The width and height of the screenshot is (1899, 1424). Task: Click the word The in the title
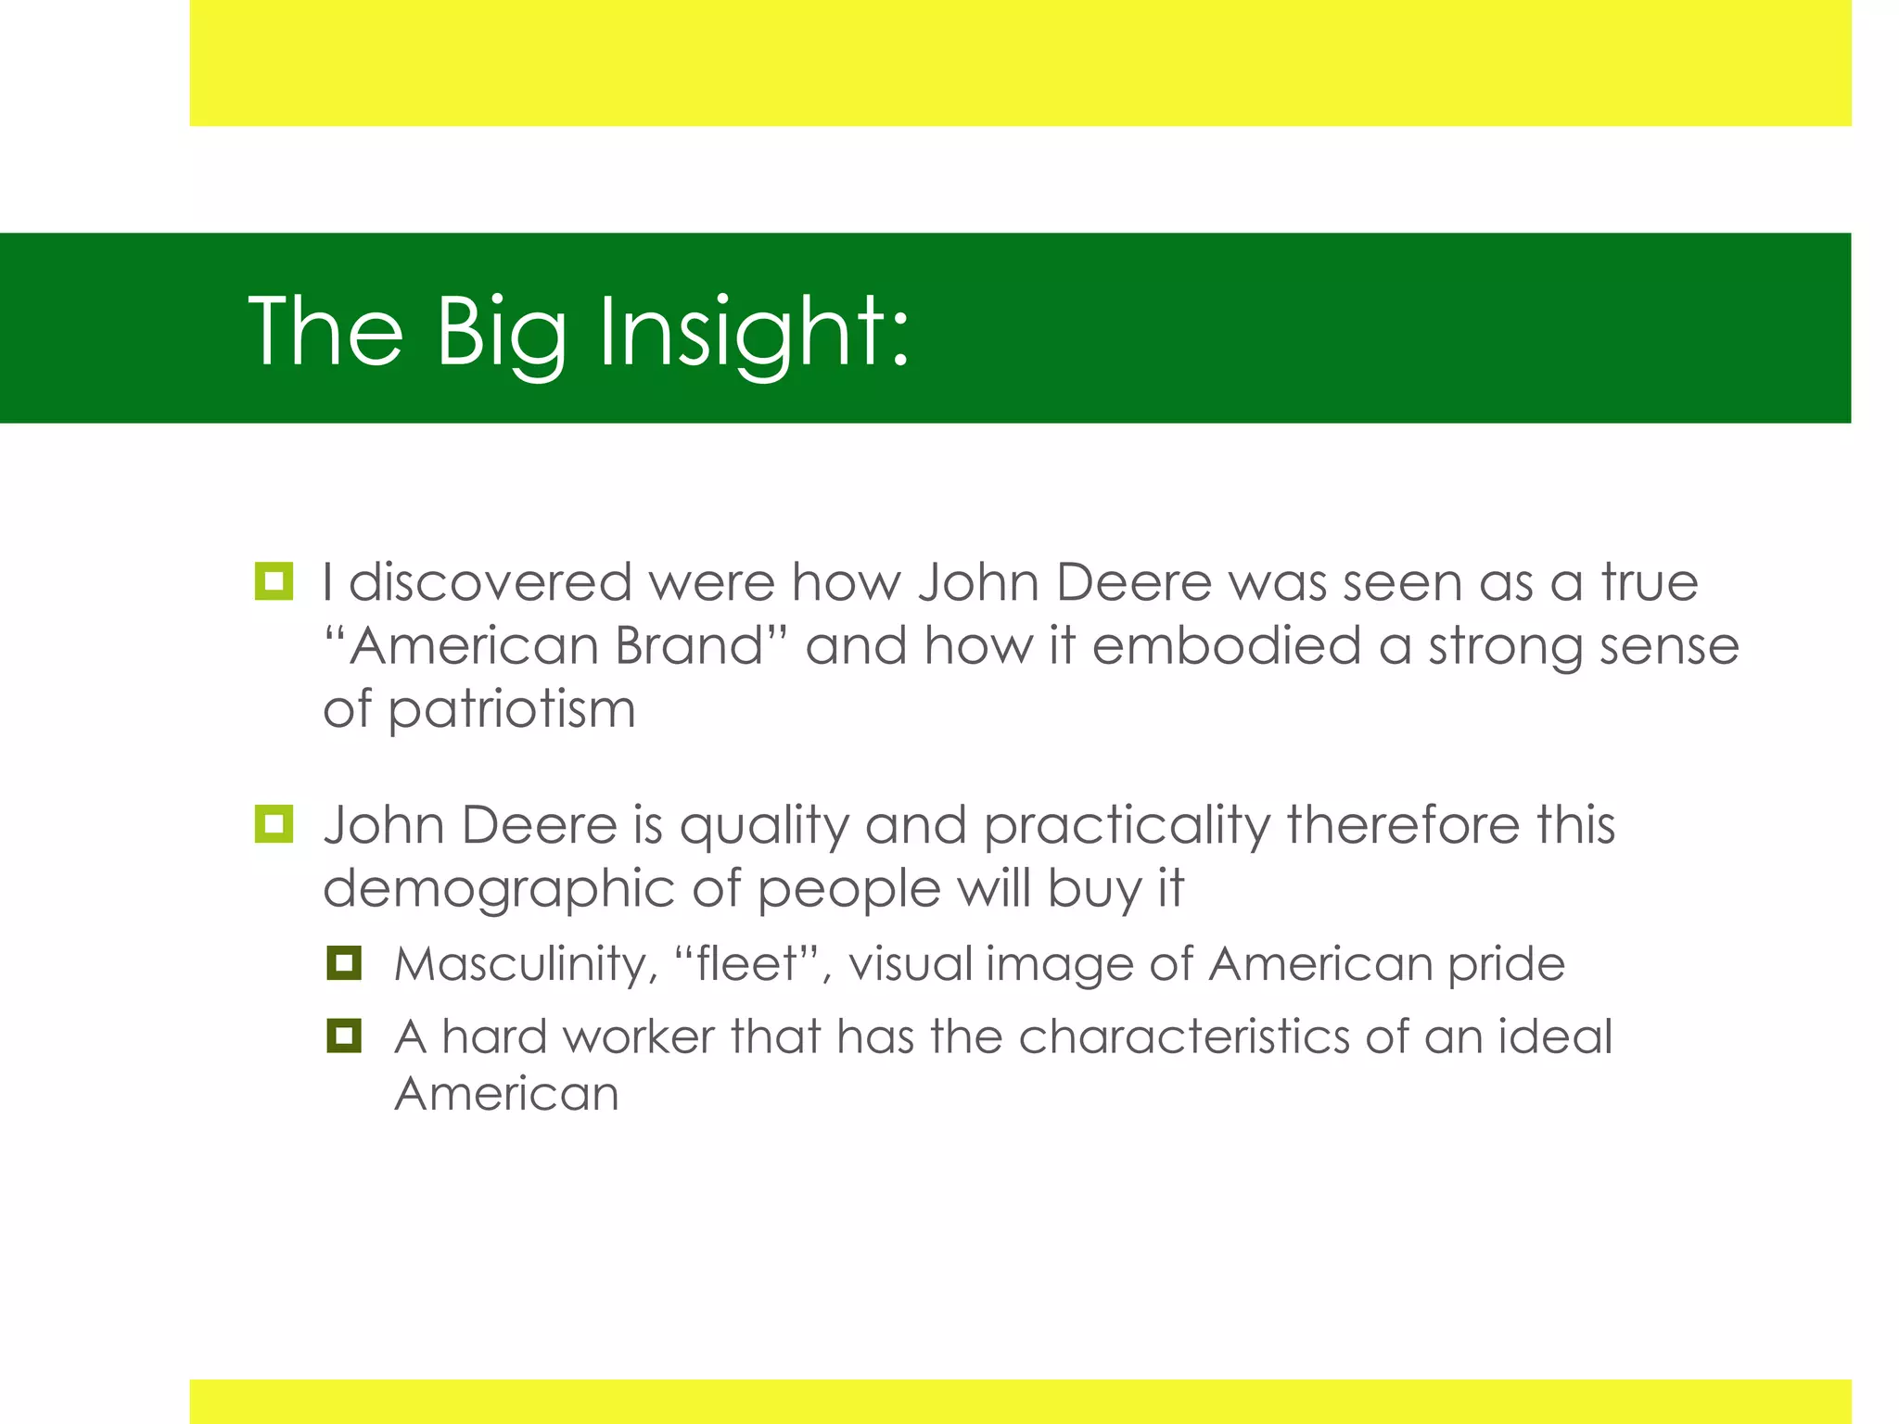(325, 331)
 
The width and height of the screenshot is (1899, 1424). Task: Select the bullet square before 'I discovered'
(274, 581)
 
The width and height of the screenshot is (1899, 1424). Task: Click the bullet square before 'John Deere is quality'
(274, 824)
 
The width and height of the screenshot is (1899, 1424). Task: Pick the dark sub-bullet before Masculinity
(344, 963)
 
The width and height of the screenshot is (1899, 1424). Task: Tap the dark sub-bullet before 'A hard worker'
(344, 1036)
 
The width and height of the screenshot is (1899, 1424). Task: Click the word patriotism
(511, 711)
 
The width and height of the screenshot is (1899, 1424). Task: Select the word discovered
(491, 582)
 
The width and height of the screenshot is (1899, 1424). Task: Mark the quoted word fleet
(746, 964)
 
